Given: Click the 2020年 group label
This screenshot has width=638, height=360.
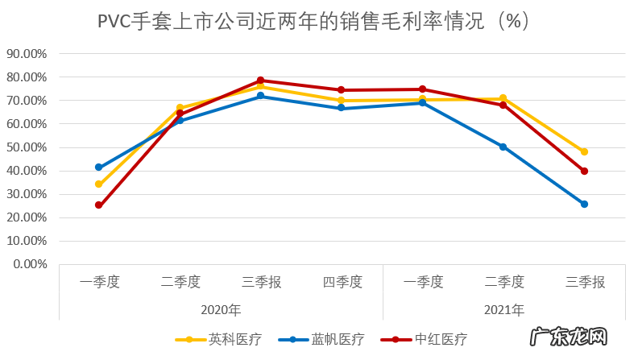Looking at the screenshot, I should (221, 309).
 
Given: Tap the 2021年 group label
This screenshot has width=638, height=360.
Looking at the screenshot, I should (504, 309).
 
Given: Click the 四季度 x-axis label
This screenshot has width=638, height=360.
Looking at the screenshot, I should (342, 282).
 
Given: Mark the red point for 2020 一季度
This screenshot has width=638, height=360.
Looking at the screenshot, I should (99, 205).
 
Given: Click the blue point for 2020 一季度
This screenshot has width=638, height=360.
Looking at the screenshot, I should (99, 168).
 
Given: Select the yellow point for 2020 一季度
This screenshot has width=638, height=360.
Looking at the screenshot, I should (99, 184).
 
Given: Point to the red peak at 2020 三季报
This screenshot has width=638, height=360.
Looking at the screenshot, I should (261, 81).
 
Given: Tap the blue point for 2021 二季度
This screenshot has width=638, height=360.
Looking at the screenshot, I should (503, 147).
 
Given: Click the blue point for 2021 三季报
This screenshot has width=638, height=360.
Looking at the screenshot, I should (585, 204).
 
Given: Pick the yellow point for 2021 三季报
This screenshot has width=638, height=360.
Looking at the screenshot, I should (585, 151).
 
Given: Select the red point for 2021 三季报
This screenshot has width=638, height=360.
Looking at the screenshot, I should (585, 171).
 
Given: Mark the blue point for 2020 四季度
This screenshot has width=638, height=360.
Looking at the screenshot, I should (342, 108).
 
